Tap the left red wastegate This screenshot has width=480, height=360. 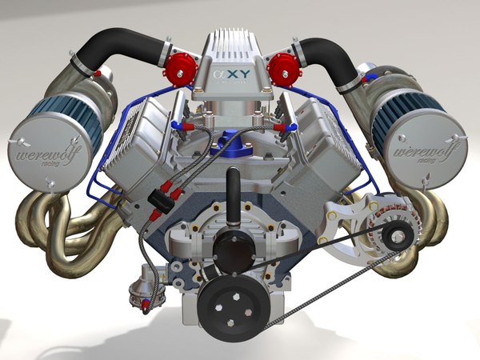tap(182, 67)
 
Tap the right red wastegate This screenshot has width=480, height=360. tap(282, 67)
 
